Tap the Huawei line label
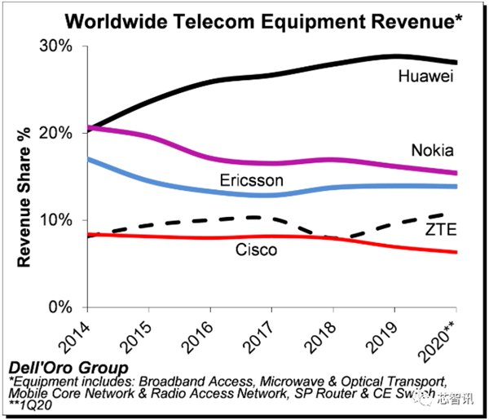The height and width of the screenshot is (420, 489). [425, 77]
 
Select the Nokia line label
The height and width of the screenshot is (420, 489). [432, 151]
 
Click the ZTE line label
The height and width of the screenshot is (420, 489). [441, 231]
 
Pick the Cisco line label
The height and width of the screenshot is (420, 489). [256, 250]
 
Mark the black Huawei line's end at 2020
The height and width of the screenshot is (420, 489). [456, 62]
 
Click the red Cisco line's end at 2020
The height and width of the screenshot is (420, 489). [456, 252]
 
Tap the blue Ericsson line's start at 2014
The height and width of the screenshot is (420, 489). [88, 159]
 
